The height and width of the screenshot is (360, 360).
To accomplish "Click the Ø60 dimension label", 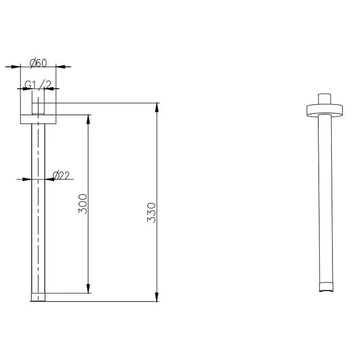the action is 38,63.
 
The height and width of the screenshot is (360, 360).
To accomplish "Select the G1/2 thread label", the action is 38,85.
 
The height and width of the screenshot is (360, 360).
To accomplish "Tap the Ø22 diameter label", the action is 61,175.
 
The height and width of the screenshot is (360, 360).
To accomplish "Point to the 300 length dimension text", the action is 83,204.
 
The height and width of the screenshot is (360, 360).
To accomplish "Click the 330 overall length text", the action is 151,212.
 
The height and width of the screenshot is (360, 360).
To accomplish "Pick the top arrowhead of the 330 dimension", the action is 157,108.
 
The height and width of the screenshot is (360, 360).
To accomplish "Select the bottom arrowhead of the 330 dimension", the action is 157,297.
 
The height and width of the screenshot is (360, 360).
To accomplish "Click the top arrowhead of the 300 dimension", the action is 88,119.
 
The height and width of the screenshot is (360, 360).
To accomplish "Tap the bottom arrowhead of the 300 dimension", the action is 88,288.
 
